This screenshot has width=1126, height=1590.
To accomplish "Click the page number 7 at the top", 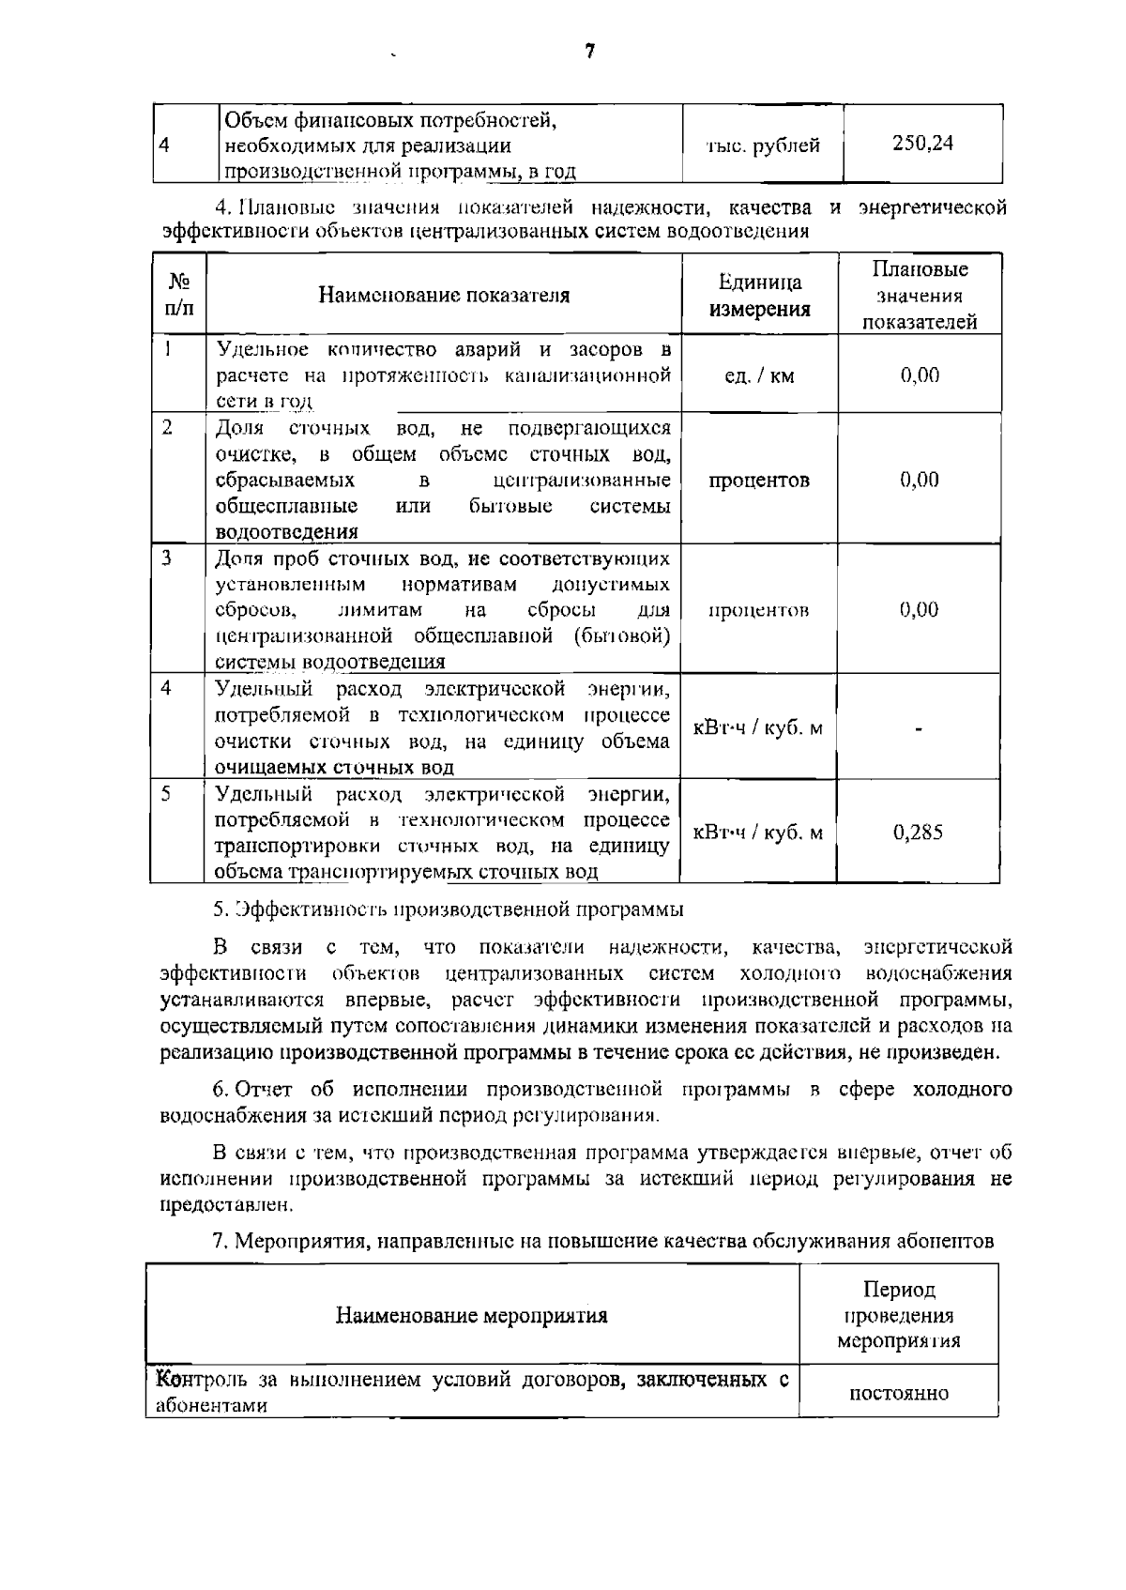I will [589, 53].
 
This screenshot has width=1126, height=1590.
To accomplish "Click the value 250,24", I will [922, 144].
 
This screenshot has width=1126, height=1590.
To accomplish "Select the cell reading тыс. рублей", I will [762, 145].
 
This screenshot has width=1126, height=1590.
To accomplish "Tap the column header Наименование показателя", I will [444, 296].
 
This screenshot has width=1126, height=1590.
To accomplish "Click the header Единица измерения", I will [759, 296].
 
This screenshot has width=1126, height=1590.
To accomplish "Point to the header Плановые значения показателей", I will [920, 296].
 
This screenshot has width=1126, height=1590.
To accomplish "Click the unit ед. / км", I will [759, 375].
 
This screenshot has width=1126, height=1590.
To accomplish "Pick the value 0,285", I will [919, 833].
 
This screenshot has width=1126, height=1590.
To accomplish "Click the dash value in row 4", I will [920, 728].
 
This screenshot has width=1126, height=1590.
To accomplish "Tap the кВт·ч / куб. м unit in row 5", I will [758, 833].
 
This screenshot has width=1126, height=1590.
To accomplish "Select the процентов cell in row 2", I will [759, 480].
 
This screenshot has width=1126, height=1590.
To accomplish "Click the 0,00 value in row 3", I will [920, 610].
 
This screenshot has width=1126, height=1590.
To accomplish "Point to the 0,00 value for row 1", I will [920, 375].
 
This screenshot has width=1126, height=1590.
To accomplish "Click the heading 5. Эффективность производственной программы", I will [449, 910].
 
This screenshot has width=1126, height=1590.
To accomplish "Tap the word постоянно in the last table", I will [898, 1393].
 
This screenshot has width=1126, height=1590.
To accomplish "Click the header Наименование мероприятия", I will [472, 1315].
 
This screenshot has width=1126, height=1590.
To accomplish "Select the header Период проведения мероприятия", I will [898, 1315].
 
